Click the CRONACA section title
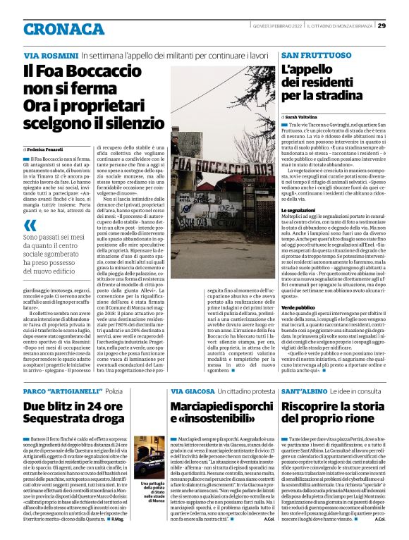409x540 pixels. tap(65, 29)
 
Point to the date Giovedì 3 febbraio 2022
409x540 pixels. tap(276, 26)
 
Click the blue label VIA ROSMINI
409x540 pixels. tap(50, 55)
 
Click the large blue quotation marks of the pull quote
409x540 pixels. tap(30, 225)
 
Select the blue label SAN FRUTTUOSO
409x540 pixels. tap(316, 55)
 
